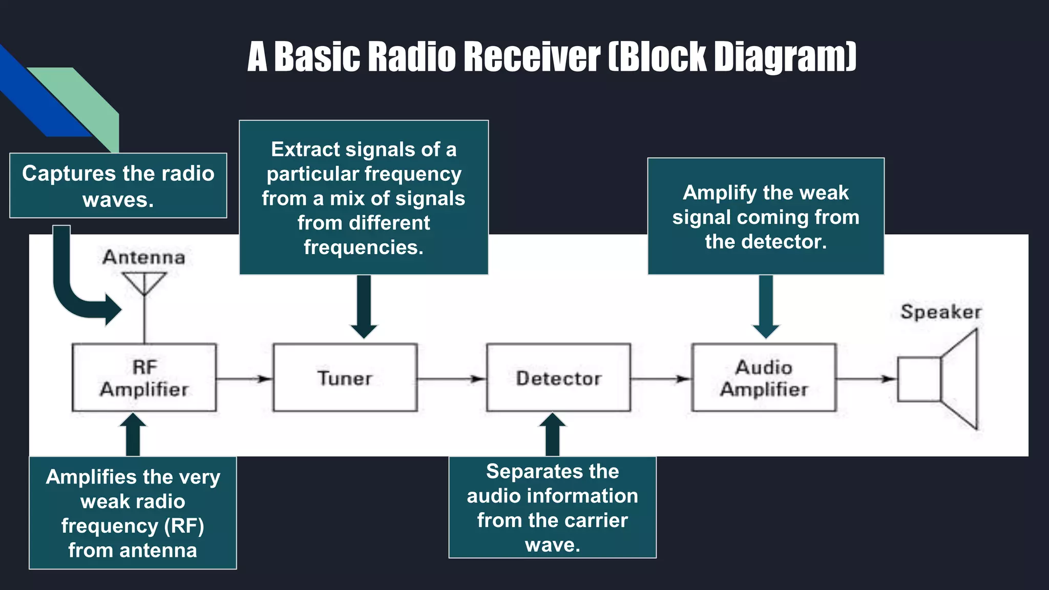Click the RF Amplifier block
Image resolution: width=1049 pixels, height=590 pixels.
click(x=144, y=377)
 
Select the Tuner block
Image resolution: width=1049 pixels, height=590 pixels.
click(x=345, y=377)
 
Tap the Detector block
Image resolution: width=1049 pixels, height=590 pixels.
click(x=558, y=377)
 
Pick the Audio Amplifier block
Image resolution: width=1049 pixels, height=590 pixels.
click(x=764, y=377)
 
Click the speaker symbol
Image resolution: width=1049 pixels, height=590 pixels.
click(x=937, y=379)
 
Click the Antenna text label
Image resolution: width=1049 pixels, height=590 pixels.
click(x=144, y=257)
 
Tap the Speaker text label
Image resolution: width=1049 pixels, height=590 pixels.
click(x=941, y=312)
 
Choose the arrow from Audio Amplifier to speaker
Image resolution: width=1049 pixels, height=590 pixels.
click(x=866, y=379)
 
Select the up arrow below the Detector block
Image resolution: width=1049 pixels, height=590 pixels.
click(x=552, y=434)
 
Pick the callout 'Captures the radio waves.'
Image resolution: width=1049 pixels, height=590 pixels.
click(x=118, y=186)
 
